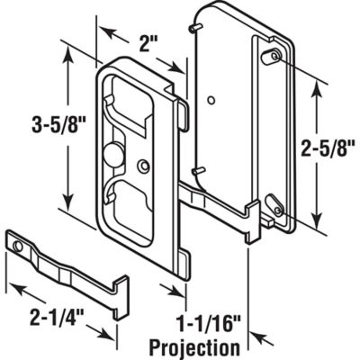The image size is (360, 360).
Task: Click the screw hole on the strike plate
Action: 17,245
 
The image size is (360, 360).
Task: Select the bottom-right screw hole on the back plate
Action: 278,211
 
